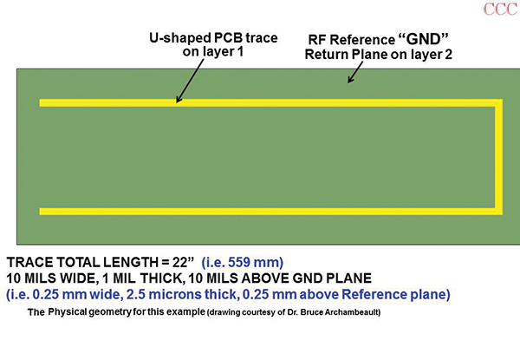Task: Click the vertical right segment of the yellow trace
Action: pos(497,157)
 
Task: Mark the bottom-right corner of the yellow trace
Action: pos(497,211)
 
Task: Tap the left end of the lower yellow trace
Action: pos(42,211)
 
